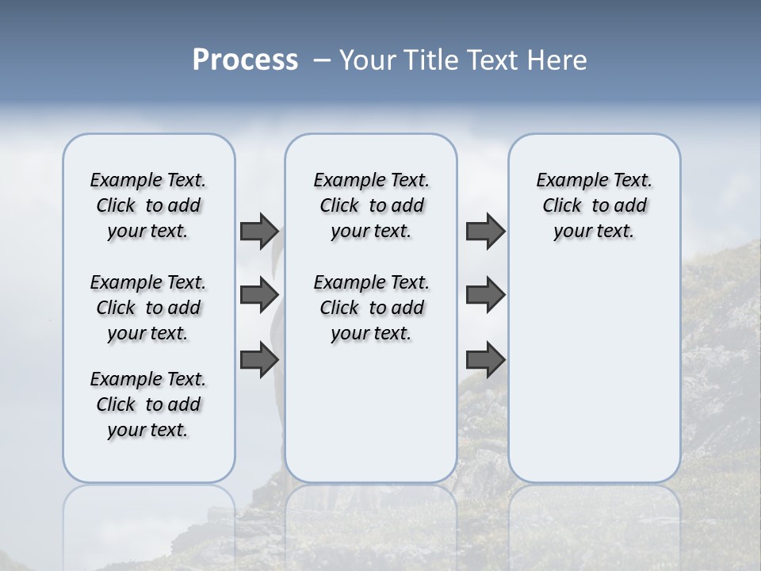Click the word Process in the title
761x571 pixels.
245,60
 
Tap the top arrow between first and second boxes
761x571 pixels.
259,232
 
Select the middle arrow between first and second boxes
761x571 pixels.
259,295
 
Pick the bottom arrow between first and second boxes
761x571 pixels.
259,359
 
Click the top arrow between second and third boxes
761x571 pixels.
485,232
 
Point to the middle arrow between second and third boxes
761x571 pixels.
485,295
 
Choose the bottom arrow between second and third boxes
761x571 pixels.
485,359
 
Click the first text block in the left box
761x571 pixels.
148,205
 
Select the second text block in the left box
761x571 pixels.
148,308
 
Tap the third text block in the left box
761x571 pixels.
148,404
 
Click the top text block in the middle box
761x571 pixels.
371,205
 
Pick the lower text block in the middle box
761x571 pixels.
371,308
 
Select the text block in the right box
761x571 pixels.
594,205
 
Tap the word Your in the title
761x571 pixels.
369,60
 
